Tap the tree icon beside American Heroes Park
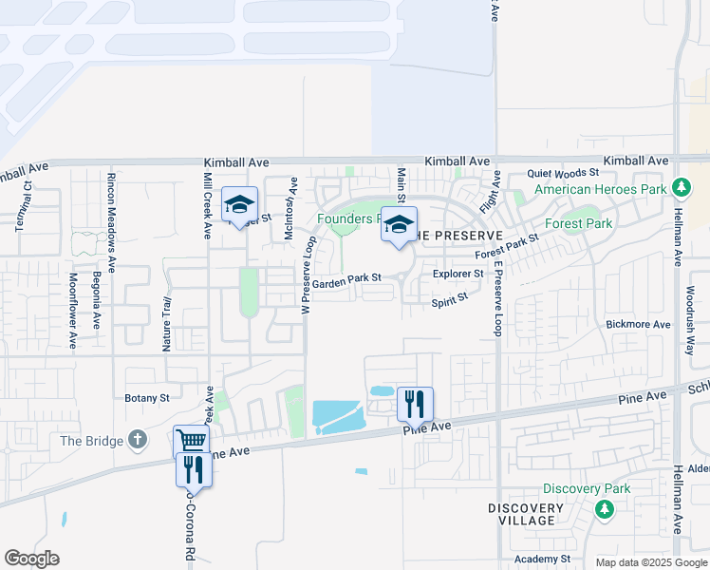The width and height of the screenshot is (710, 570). pyautogui.click(x=681, y=186)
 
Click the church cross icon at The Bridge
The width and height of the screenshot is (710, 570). pyautogui.click(x=138, y=440)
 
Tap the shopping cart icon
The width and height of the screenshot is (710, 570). pyautogui.click(x=191, y=441)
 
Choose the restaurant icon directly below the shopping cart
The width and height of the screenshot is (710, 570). pyautogui.click(x=193, y=468)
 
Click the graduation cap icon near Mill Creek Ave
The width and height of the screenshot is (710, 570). pyautogui.click(x=240, y=204)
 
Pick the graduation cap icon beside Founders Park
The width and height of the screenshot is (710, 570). pyautogui.click(x=399, y=224)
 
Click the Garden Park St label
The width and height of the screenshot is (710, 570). pyautogui.click(x=346, y=279)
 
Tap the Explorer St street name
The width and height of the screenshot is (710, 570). pyautogui.click(x=458, y=274)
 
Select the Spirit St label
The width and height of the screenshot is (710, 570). pyautogui.click(x=450, y=299)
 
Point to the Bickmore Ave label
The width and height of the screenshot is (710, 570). pyautogui.click(x=638, y=325)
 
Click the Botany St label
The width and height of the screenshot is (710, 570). pyautogui.click(x=146, y=398)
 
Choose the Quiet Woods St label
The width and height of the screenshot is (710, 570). pyautogui.click(x=564, y=173)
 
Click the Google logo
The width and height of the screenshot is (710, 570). pyautogui.click(x=32, y=559)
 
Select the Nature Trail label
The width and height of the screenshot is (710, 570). pyautogui.click(x=166, y=325)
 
